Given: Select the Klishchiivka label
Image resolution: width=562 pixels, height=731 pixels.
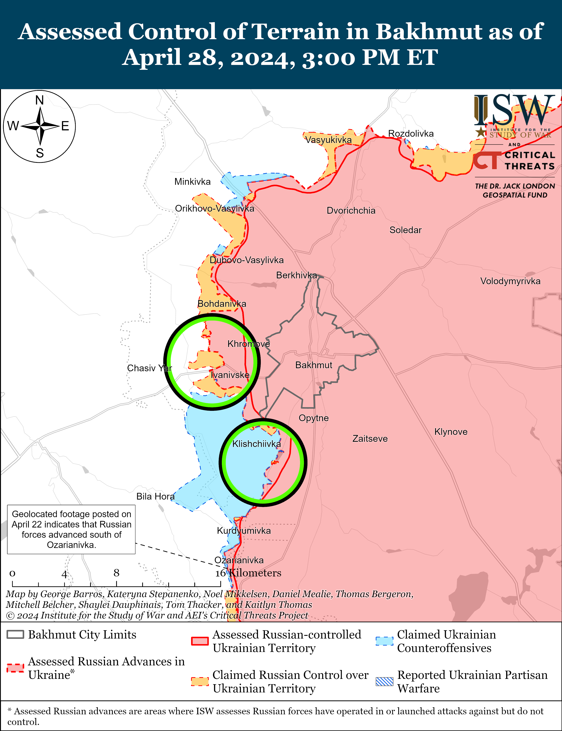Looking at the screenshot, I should (x=256, y=444).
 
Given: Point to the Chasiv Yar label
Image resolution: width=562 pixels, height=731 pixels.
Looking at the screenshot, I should (x=149, y=368).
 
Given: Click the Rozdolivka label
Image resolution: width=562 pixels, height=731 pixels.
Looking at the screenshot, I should (x=411, y=134).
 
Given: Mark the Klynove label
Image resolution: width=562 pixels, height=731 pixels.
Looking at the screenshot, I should (x=451, y=432).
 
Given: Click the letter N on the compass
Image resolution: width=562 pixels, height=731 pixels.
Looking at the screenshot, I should (x=40, y=100).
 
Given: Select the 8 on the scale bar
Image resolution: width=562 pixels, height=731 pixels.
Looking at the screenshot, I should (x=116, y=573).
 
